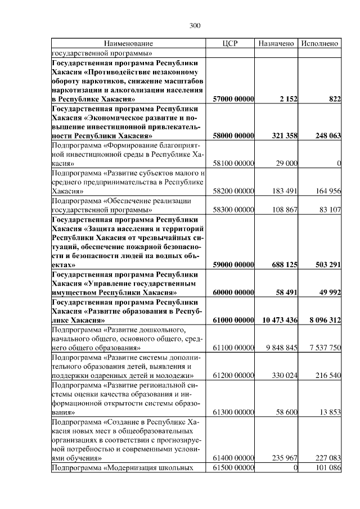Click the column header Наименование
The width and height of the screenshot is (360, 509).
(128, 43)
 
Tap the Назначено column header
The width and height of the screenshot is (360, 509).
(276, 43)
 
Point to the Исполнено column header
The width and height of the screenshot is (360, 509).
(319, 43)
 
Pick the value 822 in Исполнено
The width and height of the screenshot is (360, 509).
(334, 99)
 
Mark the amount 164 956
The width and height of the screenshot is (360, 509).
(327, 191)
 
